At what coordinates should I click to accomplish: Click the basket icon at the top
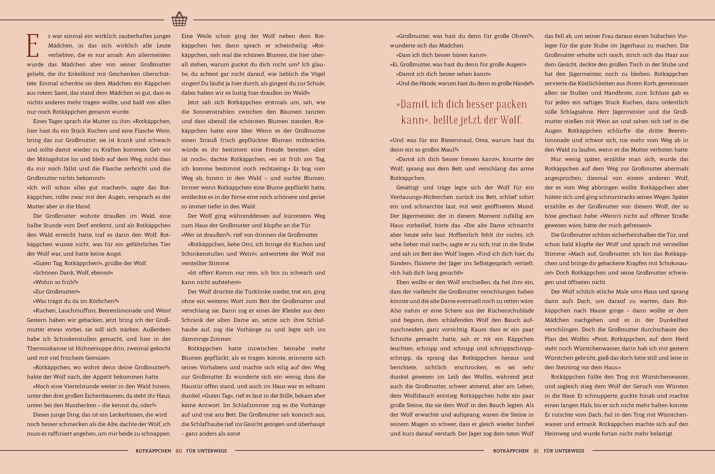click(x=179, y=19)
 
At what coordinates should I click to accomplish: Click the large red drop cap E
click(x=33, y=46)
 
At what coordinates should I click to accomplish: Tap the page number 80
click(x=179, y=451)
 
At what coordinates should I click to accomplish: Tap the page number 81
click(x=536, y=451)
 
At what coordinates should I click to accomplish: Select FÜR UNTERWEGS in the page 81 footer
click(x=564, y=451)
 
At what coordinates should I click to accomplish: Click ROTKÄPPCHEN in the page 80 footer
click(x=153, y=451)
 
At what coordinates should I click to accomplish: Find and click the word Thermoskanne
click(x=44, y=348)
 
